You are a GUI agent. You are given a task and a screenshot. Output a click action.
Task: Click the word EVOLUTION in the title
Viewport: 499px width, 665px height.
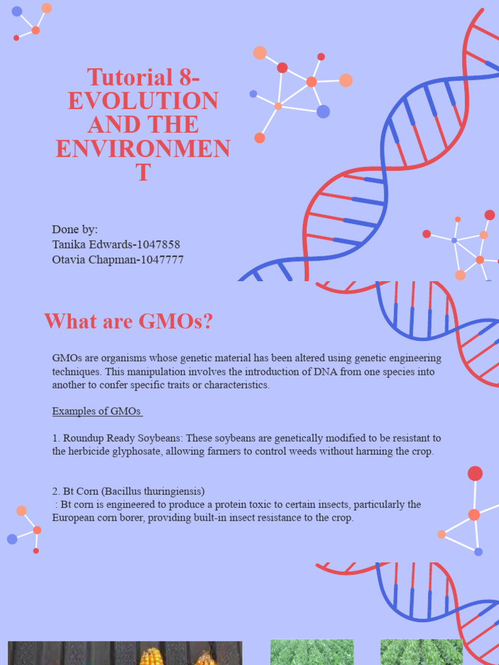click(x=143, y=101)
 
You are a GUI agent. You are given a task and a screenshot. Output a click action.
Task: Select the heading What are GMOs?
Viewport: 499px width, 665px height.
click(x=128, y=321)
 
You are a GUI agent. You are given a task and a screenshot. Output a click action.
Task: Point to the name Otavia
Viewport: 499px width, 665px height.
click(x=70, y=260)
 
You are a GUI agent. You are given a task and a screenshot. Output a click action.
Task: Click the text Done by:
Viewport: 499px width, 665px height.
click(x=75, y=229)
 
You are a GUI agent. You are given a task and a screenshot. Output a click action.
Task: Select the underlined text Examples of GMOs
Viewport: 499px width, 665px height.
click(x=97, y=411)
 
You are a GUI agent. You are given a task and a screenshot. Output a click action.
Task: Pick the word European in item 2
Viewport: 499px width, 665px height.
click(x=73, y=518)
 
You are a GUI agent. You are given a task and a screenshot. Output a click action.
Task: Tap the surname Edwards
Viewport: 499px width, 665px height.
click(x=110, y=244)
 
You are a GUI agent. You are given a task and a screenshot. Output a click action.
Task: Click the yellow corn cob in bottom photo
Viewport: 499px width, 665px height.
click(x=150, y=656)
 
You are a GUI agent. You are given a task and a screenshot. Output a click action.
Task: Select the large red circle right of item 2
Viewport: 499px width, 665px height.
click(x=475, y=473)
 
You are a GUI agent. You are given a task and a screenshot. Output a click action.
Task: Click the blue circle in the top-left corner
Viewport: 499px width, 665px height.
click(x=17, y=11)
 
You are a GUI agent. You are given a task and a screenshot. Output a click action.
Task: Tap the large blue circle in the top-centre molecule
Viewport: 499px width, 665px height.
click(x=323, y=112)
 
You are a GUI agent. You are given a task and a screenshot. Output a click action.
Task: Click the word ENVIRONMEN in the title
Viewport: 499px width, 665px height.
click(x=143, y=149)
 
